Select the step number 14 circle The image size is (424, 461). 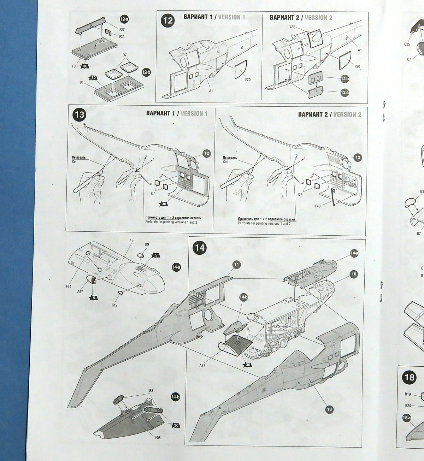200,248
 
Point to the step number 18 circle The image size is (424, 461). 409,377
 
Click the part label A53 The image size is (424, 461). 292,27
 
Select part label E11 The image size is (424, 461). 132,241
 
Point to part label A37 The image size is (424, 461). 202,366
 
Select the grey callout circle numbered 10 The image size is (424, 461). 353,274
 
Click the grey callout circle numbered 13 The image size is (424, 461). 329,410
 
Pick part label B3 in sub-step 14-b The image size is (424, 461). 151,390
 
